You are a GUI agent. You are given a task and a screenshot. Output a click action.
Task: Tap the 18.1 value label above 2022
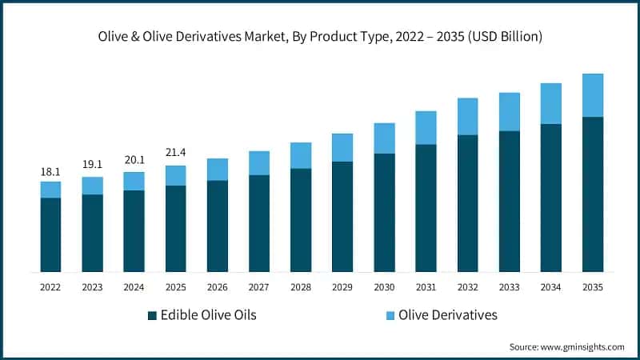(x=50, y=171)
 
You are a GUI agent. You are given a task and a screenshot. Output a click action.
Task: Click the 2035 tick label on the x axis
(x=592, y=286)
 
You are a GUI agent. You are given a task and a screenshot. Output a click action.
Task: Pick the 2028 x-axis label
(x=300, y=286)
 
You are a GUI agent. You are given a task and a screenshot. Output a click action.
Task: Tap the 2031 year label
(x=425, y=286)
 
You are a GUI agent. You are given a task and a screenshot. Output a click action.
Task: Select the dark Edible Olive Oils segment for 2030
(x=384, y=212)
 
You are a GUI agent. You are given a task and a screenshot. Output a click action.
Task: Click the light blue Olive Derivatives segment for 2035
(x=592, y=95)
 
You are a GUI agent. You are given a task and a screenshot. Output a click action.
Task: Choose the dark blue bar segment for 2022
(x=50, y=234)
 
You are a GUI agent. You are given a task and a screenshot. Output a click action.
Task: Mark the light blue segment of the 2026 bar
(x=217, y=169)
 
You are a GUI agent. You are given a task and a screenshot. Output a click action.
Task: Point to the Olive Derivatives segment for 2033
(x=509, y=111)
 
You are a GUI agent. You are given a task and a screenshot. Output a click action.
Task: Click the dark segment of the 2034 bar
(x=550, y=198)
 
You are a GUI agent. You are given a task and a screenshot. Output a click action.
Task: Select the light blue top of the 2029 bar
(x=342, y=147)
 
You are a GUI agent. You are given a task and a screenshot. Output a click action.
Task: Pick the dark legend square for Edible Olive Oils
(x=151, y=315)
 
